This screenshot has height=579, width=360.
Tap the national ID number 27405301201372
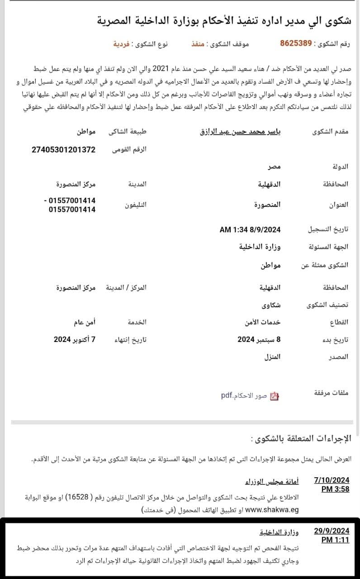coord(63,149)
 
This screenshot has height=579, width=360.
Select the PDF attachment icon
coord(274,396)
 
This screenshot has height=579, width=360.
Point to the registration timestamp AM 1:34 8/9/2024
coord(250,229)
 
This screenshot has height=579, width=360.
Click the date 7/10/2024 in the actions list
coord(332,480)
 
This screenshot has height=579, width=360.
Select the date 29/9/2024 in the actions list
coord(332,531)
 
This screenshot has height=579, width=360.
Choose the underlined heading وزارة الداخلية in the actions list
coord(279,531)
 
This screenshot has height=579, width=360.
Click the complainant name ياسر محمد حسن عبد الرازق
coord(241,132)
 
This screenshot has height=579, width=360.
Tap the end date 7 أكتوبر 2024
coord(75,339)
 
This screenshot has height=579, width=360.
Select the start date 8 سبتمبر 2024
coord(259,339)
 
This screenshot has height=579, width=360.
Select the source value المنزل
coord(272,356)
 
